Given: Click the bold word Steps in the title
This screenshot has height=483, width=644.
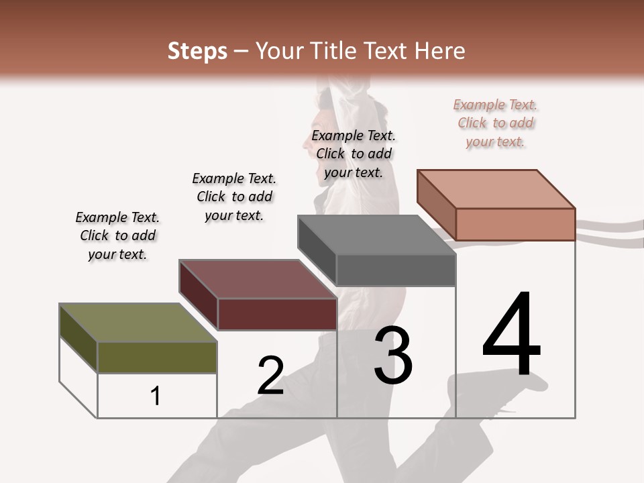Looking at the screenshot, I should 197,51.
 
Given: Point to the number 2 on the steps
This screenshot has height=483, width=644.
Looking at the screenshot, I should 270,376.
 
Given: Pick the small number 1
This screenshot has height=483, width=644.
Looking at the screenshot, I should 156,396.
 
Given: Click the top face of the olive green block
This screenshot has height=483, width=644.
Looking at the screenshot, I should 138,323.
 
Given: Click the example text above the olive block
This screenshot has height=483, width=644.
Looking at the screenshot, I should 117,235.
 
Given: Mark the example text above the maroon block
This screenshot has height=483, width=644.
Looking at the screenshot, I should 234,197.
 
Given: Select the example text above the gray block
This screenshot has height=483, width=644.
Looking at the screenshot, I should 354,154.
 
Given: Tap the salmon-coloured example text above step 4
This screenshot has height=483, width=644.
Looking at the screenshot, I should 496,123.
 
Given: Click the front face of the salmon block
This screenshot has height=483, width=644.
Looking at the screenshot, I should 515,224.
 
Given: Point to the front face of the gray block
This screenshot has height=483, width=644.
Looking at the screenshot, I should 396,270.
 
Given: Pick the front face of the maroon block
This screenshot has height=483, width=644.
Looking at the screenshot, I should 277,314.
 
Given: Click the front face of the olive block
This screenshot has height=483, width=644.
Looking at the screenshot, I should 158,357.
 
